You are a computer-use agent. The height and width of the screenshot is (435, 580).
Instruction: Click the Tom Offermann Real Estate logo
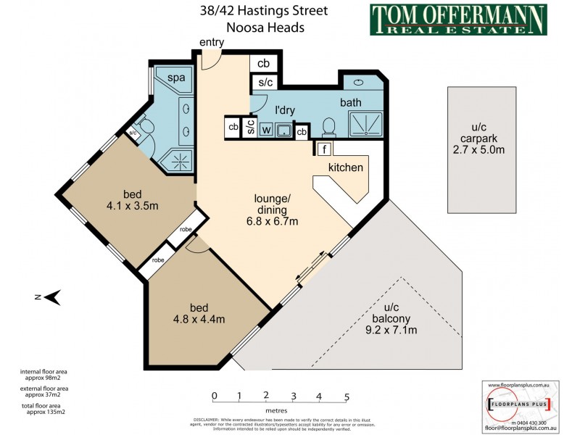click(x=458, y=20)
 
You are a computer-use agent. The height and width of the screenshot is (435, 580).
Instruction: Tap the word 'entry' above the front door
click(x=212, y=43)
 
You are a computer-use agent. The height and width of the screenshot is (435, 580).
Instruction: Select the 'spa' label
click(x=176, y=78)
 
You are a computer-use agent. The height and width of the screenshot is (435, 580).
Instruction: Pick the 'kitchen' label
click(x=345, y=167)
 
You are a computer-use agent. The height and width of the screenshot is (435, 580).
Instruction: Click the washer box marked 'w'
click(x=266, y=130)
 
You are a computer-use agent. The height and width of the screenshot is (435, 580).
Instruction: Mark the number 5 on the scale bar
click(x=347, y=396)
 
